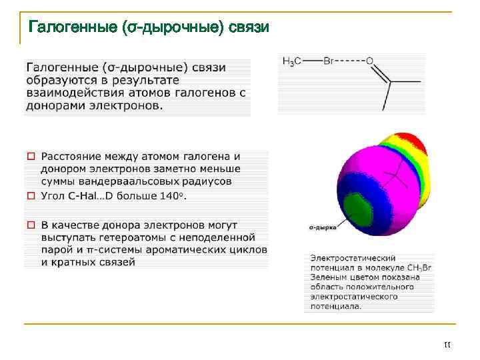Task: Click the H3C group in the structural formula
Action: [292, 61]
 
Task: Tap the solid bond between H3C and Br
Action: [312, 61]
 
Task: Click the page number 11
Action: [447, 345]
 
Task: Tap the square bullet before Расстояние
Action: [30, 157]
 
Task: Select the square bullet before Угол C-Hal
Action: [30, 196]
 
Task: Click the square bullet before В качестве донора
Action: [30, 225]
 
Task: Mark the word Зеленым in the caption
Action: [330, 277]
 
